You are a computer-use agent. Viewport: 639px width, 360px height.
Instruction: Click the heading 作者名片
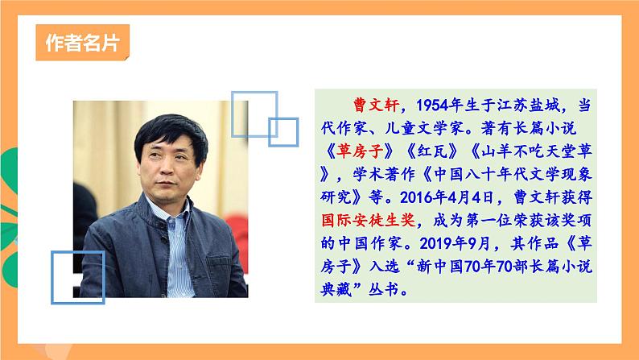tap(83, 43)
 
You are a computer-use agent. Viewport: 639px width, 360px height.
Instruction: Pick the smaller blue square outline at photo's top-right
tap(283, 131)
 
